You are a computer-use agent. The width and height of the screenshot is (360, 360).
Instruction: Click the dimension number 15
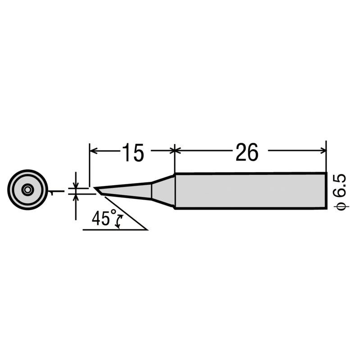point(132,153)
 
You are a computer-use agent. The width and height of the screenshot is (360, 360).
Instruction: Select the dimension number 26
point(247,153)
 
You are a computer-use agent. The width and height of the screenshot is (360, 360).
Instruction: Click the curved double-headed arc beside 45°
point(119,221)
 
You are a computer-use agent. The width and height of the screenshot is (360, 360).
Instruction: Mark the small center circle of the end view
point(27,190)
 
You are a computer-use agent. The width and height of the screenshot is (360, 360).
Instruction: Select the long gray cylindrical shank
point(250,191)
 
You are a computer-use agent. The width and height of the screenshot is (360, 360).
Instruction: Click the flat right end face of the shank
point(326,191)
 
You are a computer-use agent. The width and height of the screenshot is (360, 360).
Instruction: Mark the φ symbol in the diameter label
point(340,205)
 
